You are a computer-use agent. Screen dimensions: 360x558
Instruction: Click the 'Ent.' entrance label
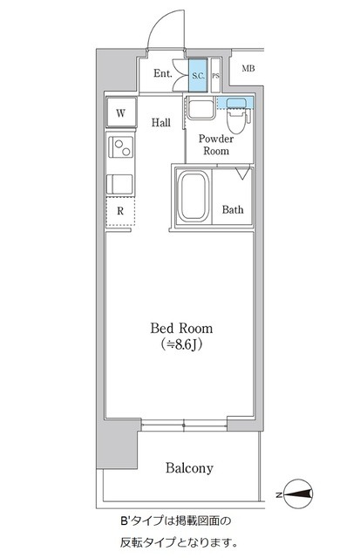click(163, 73)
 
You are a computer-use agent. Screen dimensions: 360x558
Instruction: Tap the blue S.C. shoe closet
click(198, 75)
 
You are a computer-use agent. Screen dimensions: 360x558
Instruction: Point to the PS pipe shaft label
click(215, 76)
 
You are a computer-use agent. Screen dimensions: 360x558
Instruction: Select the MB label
click(248, 68)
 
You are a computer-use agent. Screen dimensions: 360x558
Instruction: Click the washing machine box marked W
click(121, 112)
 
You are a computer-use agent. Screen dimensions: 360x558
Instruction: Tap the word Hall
click(161, 123)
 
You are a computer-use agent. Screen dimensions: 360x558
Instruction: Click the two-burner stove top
click(121, 147)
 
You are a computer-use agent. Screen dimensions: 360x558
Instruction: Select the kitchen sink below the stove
click(120, 184)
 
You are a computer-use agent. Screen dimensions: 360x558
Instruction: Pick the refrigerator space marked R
click(120, 211)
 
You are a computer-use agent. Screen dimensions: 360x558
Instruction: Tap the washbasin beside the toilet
click(200, 108)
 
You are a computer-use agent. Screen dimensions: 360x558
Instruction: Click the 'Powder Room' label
click(216, 145)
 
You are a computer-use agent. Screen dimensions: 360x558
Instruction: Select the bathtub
click(193, 196)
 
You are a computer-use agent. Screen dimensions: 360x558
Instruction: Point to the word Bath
click(233, 209)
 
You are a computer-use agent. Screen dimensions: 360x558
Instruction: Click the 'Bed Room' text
click(181, 328)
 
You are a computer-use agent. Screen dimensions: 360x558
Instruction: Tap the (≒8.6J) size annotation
click(182, 344)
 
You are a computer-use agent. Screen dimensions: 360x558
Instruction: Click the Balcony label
click(189, 468)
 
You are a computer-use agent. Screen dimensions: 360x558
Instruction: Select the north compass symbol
click(298, 494)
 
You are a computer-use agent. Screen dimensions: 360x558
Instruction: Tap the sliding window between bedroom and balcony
click(184, 425)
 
